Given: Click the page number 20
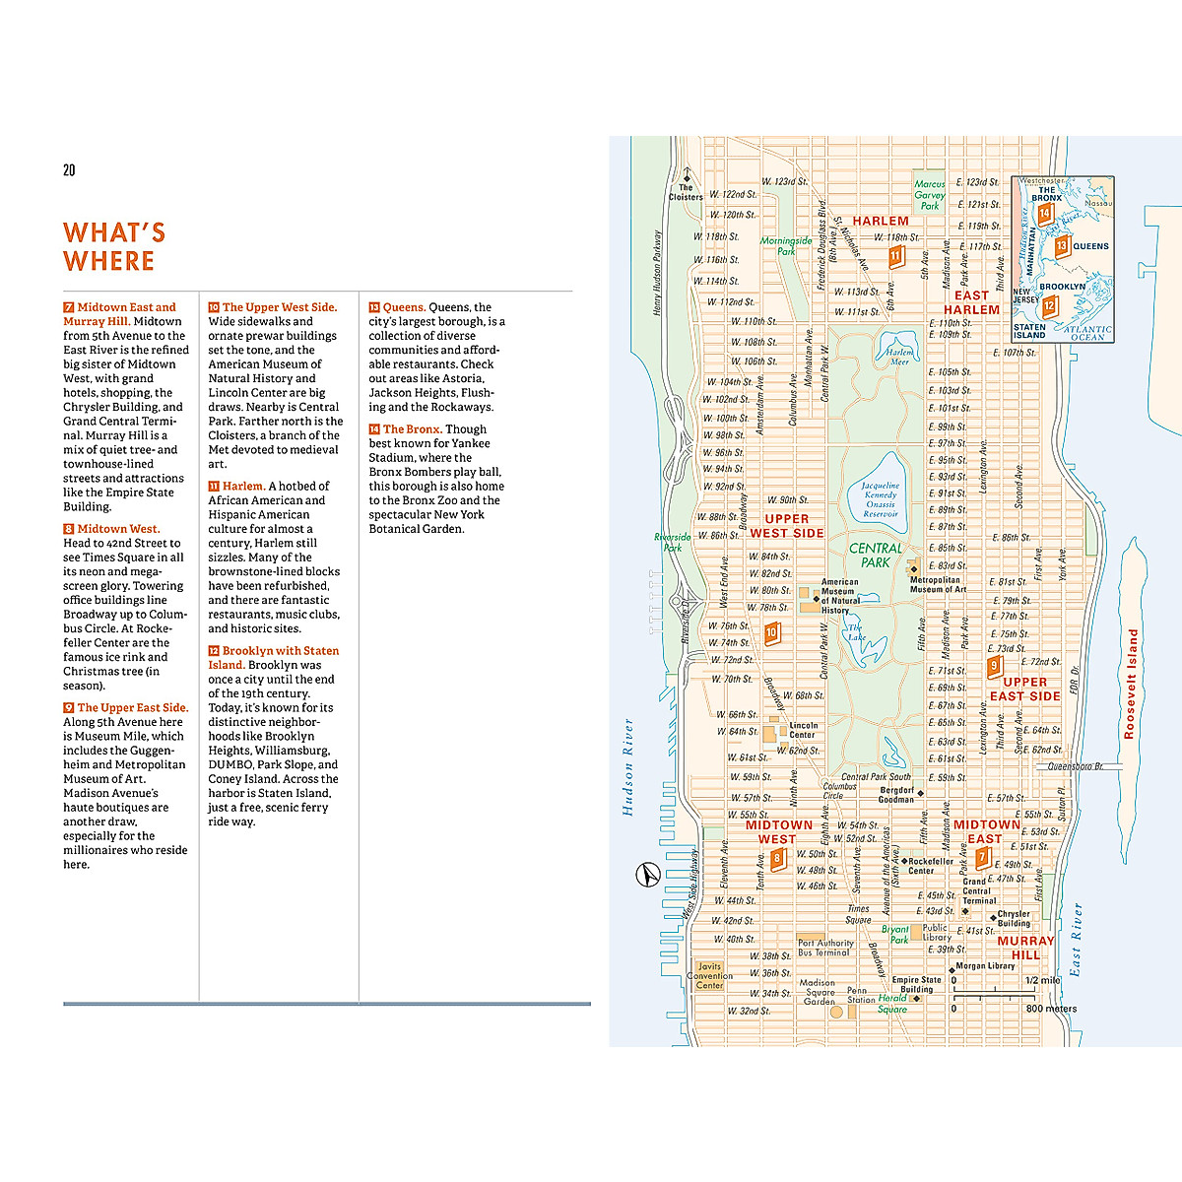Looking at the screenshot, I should pyautogui.click(x=69, y=170).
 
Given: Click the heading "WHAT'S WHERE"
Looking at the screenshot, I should pyautogui.click(x=114, y=247).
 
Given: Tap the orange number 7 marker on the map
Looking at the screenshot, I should pyautogui.click(x=982, y=857).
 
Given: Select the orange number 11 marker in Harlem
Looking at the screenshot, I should pyautogui.click(x=895, y=257).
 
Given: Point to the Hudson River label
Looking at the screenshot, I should pyautogui.click(x=627, y=767).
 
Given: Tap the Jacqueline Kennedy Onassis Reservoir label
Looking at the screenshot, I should pyautogui.click(x=880, y=499).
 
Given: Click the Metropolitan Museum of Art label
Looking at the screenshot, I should pyautogui.click(x=937, y=584).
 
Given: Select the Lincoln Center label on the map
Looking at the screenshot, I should pyautogui.click(x=803, y=730).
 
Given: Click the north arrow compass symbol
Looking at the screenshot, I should pyautogui.click(x=646, y=874).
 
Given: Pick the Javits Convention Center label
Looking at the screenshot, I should pyautogui.click(x=709, y=976).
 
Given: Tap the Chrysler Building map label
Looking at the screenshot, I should pyautogui.click(x=1014, y=918).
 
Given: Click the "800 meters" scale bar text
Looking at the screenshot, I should pyautogui.click(x=1051, y=1009).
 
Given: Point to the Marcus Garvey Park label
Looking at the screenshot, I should pyautogui.click(x=930, y=195).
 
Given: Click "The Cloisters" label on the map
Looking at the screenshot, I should pyautogui.click(x=686, y=192).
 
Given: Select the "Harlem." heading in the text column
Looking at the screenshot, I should pyautogui.click(x=243, y=487).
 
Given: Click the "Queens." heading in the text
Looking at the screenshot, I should pyautogui.click(x=404, y=307).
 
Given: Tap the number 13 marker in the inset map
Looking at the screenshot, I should pyautogui.click(x=1061, y=246).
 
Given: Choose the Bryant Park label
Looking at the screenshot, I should pyautogui.click(x=895, y=934).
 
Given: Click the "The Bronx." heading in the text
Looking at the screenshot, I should pyautogui.click(x=412, y=429).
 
